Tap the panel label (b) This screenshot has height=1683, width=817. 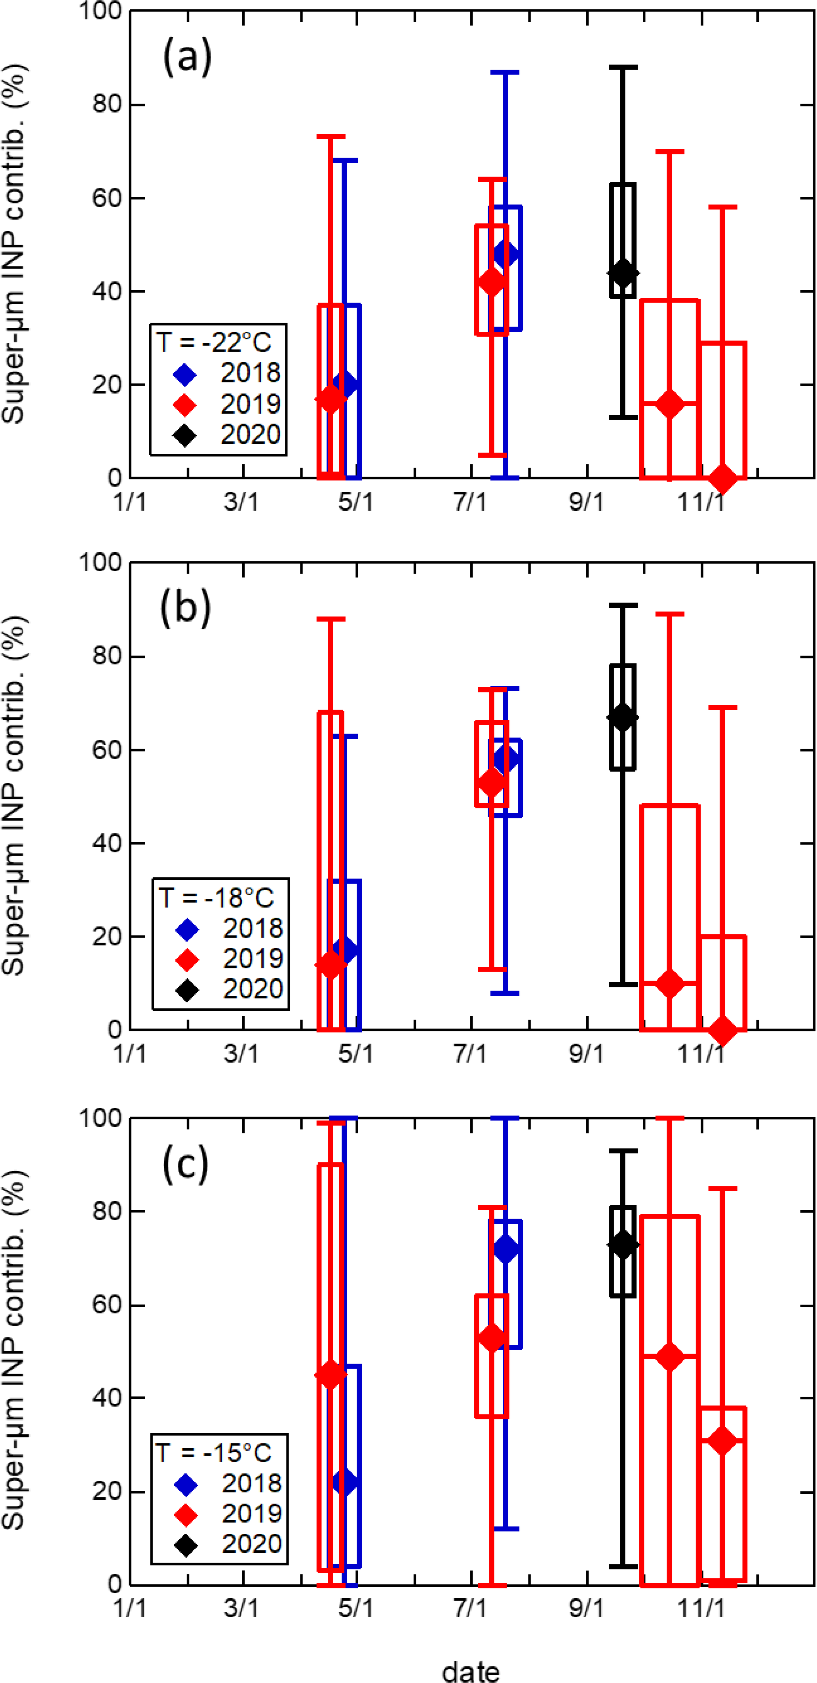[186, 608]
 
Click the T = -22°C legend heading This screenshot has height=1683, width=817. [214, 342]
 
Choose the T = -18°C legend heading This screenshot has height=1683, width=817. [216, 898]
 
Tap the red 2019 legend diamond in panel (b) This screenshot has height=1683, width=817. [188, 960]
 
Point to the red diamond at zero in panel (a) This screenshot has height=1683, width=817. [722, 479]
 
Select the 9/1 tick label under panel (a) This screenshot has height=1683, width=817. [586, 502]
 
